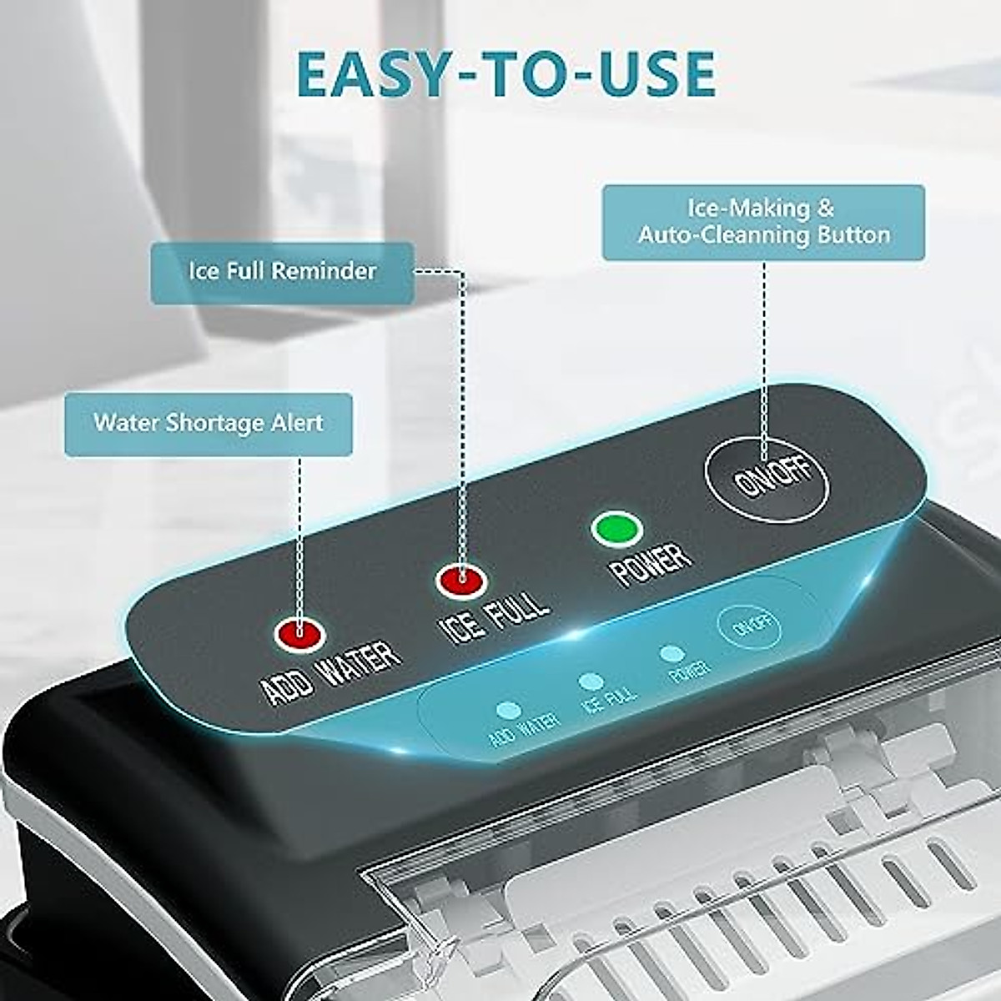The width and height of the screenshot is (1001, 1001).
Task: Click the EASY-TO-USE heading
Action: pos(506,73)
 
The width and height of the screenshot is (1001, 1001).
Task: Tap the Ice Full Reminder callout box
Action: pos(282,272)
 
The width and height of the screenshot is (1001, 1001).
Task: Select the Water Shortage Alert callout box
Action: pos(208,424)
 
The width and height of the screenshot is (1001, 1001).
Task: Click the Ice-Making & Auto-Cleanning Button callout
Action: pos(763,222)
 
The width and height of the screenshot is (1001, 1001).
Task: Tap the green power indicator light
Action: pos(616,529)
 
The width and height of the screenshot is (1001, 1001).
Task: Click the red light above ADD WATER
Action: pos(299,633)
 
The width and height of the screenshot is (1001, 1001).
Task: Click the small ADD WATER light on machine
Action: pos(507,712)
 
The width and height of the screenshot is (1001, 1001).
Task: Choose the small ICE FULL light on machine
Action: pos(591,682)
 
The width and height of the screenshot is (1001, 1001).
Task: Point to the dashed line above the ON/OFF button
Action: pos(765,350)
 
